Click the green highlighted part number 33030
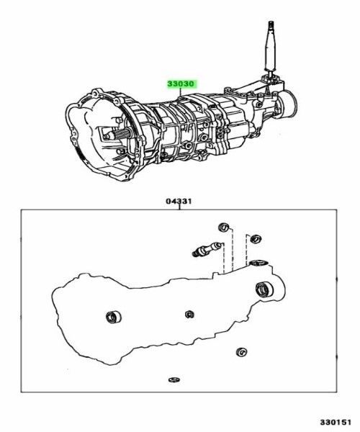click(181, 84)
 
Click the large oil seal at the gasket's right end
click(264, 290)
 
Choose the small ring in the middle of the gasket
click(189, 313)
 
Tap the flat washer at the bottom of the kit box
click(173, 379)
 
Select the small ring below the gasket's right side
click(240, 353)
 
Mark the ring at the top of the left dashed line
click(225, 228)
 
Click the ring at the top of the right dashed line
click(252, 237)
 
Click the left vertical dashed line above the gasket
click(224, 252)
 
